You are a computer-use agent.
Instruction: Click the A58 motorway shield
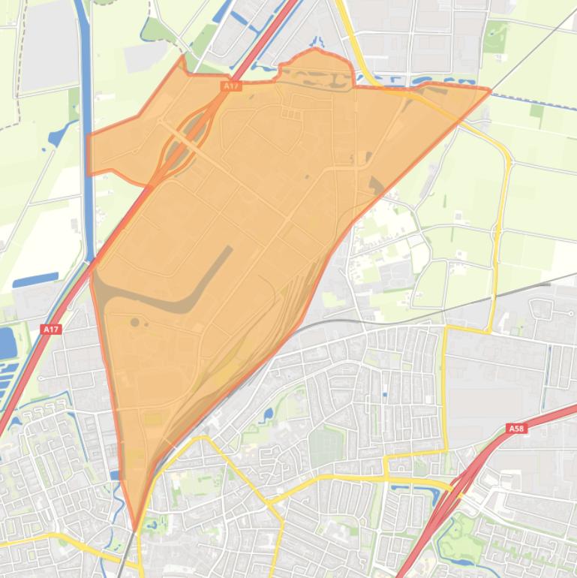(515, 429)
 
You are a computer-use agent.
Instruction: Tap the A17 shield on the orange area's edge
(231, 86)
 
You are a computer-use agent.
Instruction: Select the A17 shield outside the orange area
(51, 329)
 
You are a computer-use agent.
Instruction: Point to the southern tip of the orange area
(136, 528)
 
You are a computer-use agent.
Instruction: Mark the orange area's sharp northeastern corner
(489, 91)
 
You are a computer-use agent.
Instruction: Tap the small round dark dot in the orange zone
(134, 322)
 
